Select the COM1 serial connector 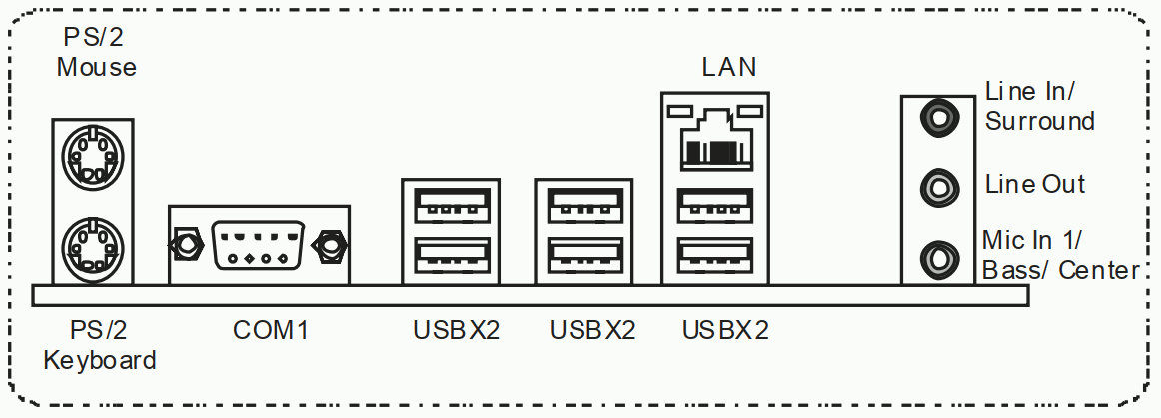point(257,245)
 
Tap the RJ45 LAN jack point(715,142)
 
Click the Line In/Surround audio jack point(938,117)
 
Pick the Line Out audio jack point(938,186)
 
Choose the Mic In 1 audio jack point(938,258)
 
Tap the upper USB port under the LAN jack point(715,207)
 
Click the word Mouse point(96,68)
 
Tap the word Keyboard point(100,359)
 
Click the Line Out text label point(1035,184)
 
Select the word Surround point(1040,121)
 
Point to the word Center point(1100,269)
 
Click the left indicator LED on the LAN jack point(681,107)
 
